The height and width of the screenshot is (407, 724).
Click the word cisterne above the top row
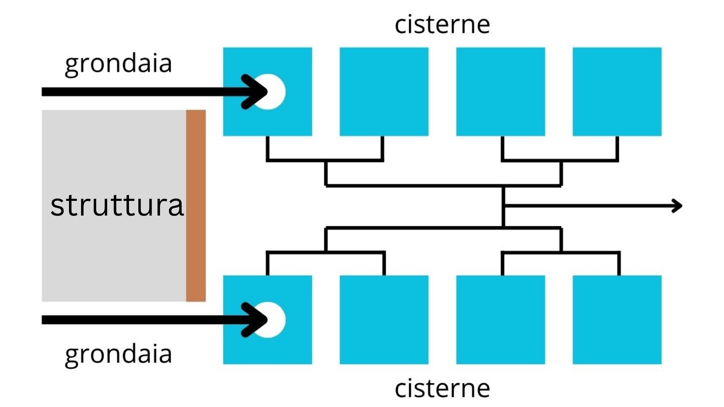(x=442, y=24)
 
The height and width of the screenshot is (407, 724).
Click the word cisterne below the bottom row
(x=442, y=388)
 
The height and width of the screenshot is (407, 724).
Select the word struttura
(x=117, y=205)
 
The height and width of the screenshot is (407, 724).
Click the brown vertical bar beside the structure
(x=196, y=206)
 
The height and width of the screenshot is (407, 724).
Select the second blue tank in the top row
(x=384, y=92)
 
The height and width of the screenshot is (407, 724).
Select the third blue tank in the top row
(x=501, y=92)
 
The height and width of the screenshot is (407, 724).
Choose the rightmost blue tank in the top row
(x=617, y=92)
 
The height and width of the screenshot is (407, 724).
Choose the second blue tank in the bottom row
(x=384, y=320)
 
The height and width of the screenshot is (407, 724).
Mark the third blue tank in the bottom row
(x=501, y=320)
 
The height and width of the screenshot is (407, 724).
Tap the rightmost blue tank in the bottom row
(x=617, y=320)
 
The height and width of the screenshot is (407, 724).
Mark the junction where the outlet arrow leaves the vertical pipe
(x=503, y=206)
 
